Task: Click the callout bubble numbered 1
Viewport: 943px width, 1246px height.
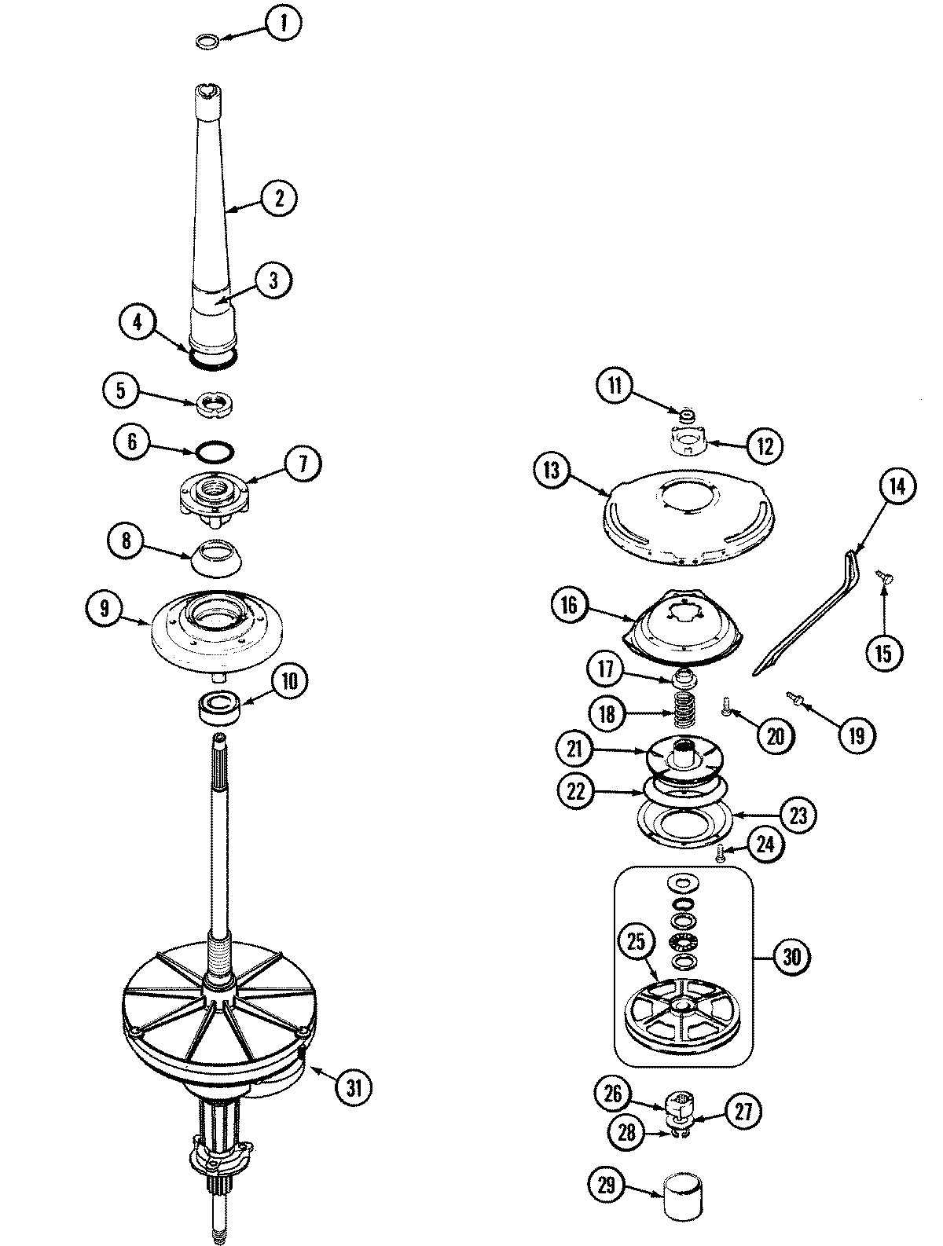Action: point(284,26)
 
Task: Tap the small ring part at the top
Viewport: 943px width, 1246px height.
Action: point(207,39)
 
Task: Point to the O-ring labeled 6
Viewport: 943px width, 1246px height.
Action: point(214,452)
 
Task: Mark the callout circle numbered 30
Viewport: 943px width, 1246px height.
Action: point(791,957)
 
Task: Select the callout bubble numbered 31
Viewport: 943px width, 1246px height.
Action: point(354,1088)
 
